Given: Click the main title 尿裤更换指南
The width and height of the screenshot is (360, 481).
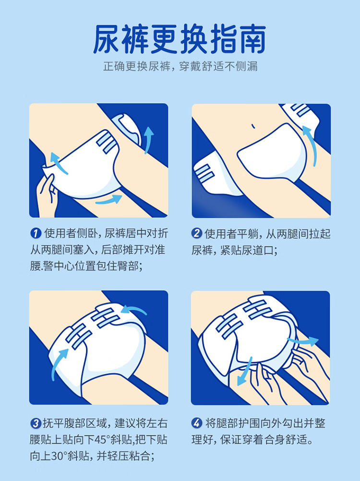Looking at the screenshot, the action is [180, 40].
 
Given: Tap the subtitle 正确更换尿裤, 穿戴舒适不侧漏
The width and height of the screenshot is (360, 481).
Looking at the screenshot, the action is [180, 66].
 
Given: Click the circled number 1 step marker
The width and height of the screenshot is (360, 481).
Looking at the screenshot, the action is [36, 234].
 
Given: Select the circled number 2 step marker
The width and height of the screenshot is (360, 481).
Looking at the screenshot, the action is [197, 234].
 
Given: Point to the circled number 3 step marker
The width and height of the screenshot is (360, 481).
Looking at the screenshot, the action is [36, 423].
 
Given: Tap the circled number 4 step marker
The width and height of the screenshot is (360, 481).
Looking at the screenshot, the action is [197, 423].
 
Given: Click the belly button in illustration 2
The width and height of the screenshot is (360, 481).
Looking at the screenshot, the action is [253, 126].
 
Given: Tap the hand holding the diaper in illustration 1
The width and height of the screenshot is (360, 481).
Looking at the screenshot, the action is [46, 196].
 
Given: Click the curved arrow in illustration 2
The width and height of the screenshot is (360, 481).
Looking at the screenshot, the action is [311, 144].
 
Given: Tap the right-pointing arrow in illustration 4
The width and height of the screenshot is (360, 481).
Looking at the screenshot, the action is [302, 340].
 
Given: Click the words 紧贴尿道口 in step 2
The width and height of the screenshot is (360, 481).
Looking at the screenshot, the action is [249, 250].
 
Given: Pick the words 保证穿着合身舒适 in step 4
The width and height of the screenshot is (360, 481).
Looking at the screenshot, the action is [266, 440].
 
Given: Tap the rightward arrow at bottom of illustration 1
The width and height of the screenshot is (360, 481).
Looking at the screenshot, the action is [108, 199].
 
